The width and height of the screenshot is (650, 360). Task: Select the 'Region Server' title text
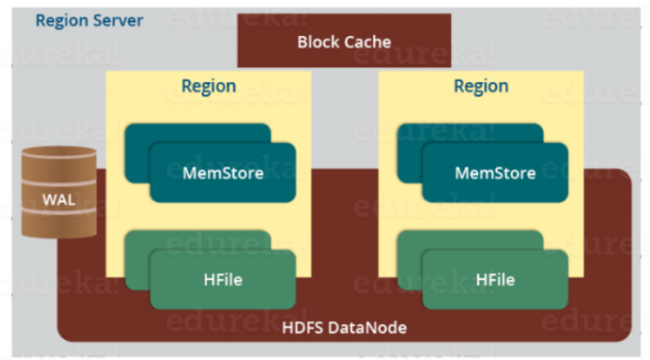89,19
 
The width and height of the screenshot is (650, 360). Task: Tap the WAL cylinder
59,193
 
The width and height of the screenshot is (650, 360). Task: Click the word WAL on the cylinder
59,199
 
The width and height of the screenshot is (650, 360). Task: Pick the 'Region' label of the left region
209,86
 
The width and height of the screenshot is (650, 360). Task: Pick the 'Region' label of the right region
481,86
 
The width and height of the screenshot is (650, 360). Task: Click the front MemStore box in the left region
222,172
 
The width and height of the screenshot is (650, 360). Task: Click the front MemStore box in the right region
494,172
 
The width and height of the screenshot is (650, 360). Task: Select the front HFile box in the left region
222,280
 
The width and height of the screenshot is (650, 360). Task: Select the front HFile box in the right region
494,280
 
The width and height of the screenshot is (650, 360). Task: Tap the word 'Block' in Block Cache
317,41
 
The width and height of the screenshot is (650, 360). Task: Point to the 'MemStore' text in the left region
222,173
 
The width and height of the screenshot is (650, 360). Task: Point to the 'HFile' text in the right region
494,280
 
